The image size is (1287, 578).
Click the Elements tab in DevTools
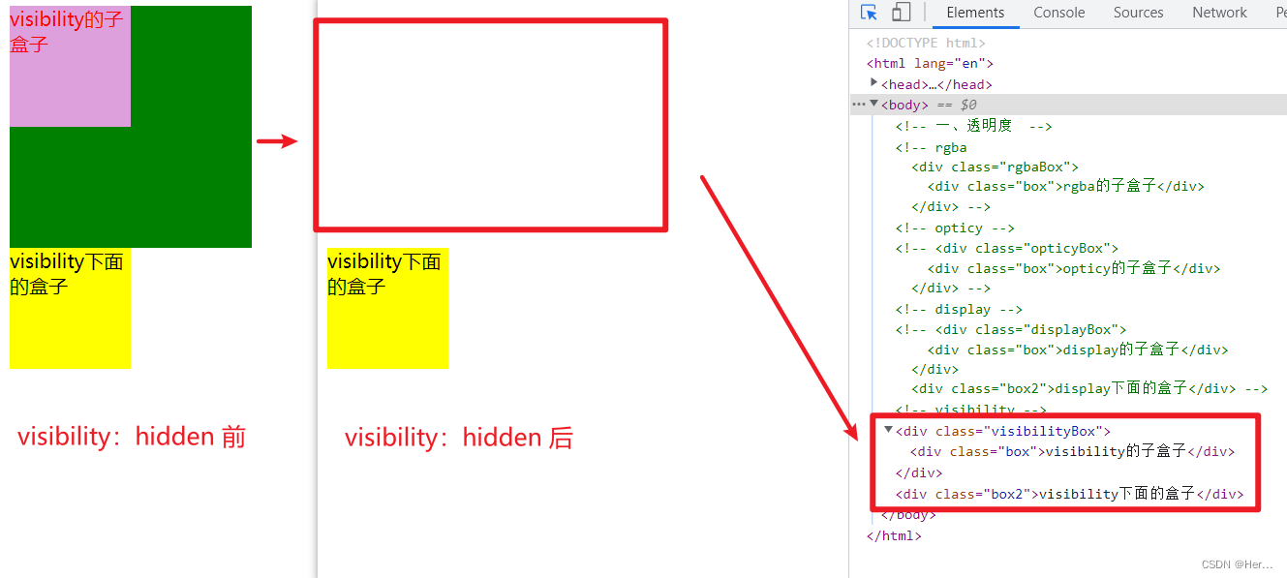[975, 13]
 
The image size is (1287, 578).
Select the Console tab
[1058, 13]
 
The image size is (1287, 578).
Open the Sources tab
[1138, 13]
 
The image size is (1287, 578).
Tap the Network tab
[1219, 13]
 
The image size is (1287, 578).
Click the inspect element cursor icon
[869, 13]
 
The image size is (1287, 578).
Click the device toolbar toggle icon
[901, 13]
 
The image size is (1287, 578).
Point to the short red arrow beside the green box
[276, 141]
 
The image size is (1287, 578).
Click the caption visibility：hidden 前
[132, 437]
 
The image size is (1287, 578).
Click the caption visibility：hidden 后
[459, 439]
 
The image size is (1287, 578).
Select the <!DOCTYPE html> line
[926, 43]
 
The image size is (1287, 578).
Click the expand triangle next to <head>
[873, 83]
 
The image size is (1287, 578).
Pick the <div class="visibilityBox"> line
[1003, 431]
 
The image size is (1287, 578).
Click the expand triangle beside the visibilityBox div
[888, 430]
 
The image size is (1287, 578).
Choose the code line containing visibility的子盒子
[1073, 451]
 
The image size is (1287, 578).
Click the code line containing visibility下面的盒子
[1069, 494]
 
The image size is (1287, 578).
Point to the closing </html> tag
[894, 535]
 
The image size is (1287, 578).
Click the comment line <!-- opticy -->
[954, 228]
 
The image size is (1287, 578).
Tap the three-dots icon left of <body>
[859, 105]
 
